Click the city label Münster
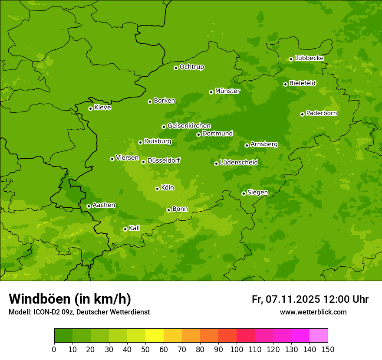coord(227,91)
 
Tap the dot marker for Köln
coord(157,189)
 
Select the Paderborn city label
coord(322,113)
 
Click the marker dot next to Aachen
coord(89,206)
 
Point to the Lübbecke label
coord(310,58)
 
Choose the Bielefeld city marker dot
coord(285,84)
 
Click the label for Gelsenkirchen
coord(189,126)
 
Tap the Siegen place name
coord(257,193)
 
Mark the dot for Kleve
coord(90,108)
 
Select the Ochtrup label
coord(192,67)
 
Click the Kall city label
coord(135,228)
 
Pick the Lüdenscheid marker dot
coord(216,164)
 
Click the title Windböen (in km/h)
coord(70,299)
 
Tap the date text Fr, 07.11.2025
coord(286,299)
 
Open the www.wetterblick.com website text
coord(313,312)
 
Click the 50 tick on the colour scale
coord(145,349)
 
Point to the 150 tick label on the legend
coord(328,349)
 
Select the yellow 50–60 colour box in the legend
coord(155,336)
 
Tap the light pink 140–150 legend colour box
coord(319,336)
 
